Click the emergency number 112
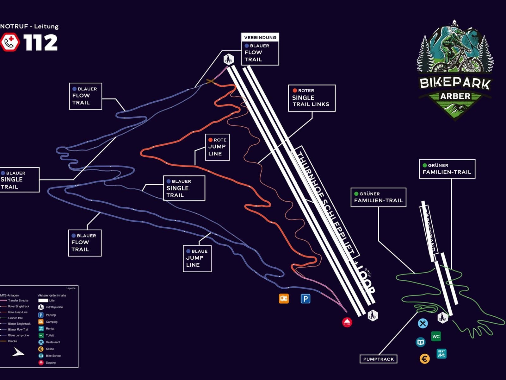click(x=40, y=43)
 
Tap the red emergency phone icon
click(x=10, y=42)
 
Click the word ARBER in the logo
click(x=455, y=96)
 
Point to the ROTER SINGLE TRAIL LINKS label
click(x=312, y=98)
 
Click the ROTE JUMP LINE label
click(x=217, y=147)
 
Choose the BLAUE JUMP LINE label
click(x=197, y=258)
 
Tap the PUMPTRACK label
click(x=378, y=359)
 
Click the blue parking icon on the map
click(x=305, y=299)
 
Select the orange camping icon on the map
click(x=284, y=298)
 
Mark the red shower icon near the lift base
click(x=347, y=322)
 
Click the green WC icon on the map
click(x=436, y=336)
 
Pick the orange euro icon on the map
click(x=425, y=359)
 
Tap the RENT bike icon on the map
click(x=441, y=353)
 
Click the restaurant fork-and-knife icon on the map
click(x=423, y=323)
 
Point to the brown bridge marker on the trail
click(x=210, y=81)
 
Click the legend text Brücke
click(x=13, y=341)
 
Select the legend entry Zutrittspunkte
click(x=54, y=307)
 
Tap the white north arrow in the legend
click(x=18, y=352)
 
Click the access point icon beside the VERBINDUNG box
click(x=229, y=59)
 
